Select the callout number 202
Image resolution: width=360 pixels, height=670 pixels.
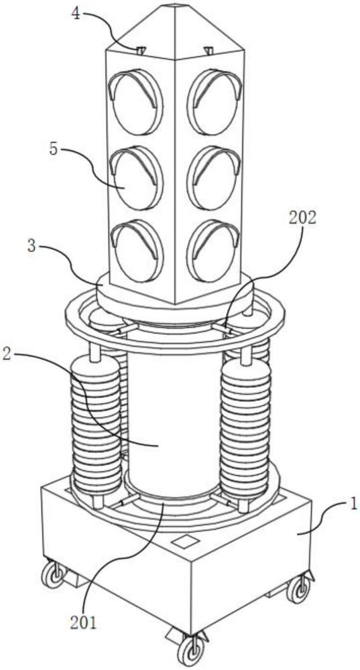[303, 218]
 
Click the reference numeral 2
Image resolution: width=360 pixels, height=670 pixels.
[8, 355]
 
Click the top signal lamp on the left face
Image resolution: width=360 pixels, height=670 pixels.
[136, 102]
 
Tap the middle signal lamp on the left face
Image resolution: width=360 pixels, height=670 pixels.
[136, 178]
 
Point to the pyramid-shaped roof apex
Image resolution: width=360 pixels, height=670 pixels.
[175, 6]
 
